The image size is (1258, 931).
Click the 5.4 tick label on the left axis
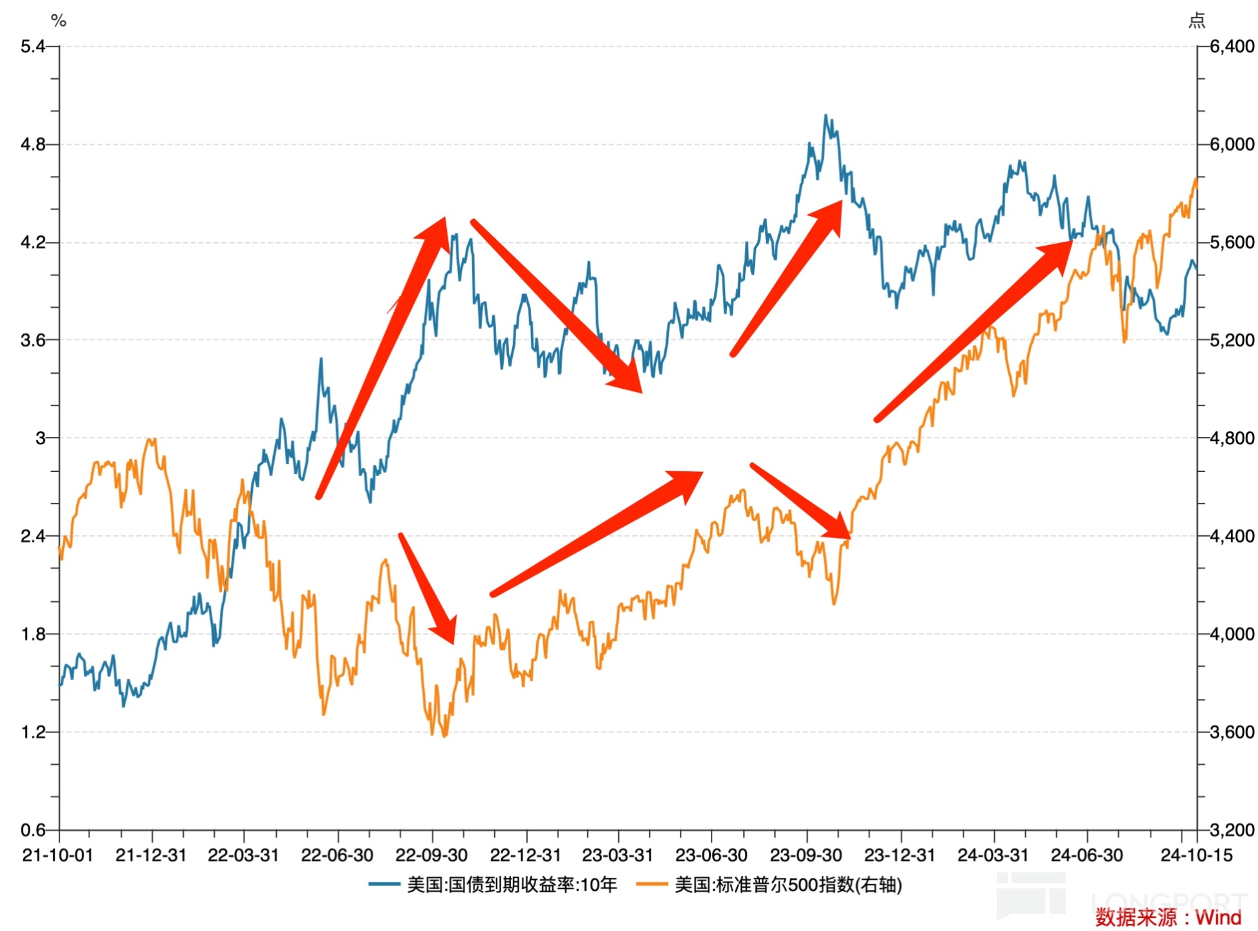click(x=32, y=47)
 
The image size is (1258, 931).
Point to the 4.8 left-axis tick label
click(x=32, y=144)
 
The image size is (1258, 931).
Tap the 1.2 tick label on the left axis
click(x=32, y=732)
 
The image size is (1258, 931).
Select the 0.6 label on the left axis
click(x=32, y=829)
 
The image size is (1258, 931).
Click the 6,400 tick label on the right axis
click(x=1231, y=47)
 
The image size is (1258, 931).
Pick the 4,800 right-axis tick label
click(x=1231, y=438)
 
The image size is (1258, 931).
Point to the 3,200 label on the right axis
click(x=1231, y=829)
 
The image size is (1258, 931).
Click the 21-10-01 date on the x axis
click(x=58, y=855)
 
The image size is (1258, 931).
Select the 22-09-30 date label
click(x=431, y=855)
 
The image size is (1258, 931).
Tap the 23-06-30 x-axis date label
click(x=711, y=855)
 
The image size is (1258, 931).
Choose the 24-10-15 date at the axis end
click(x=1197, y=855)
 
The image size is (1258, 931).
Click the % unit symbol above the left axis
click(x=59, y=21)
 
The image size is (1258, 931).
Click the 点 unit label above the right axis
click(x=1197, y=21)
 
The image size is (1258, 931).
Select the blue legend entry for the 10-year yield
click(x=493, y=884)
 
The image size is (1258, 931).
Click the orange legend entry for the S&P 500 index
click(x=769, y=884)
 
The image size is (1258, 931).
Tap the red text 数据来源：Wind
click(x=1168, y=917)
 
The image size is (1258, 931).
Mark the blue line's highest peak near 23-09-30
click(x=825, y=116)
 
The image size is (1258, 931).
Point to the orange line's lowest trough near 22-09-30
click(x=444, y=736)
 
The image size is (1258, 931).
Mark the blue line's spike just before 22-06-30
click(x=321, y=359)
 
